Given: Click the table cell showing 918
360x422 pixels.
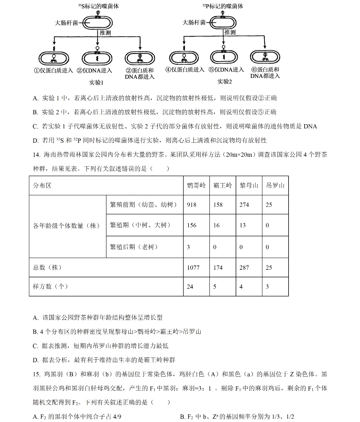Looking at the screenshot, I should [192, 205].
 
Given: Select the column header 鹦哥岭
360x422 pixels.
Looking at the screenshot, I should [196, 185].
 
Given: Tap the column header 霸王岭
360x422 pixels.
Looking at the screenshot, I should [222, 185].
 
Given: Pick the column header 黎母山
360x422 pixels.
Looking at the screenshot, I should [249, 185].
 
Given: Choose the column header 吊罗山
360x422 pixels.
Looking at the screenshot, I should [275, 185].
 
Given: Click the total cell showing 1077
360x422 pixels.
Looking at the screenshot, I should [193, 268].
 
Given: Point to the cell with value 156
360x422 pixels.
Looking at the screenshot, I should [192, 225].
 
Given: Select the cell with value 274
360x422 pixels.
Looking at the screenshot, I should [244, 205].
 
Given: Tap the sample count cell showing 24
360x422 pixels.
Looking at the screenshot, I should [190, 287].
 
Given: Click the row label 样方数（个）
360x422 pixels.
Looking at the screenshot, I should [51, 287].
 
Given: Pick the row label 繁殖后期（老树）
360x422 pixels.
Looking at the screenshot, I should [134, 247].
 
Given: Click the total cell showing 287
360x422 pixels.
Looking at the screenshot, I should [244, 268].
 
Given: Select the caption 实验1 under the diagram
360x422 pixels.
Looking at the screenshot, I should [96, 83].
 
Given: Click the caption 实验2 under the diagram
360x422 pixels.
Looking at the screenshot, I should [225, 82].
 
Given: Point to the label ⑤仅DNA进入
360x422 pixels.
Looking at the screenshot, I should [226, 70].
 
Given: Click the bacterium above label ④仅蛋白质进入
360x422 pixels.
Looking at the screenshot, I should [184, 58].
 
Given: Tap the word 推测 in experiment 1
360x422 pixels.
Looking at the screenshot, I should [105, 33].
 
